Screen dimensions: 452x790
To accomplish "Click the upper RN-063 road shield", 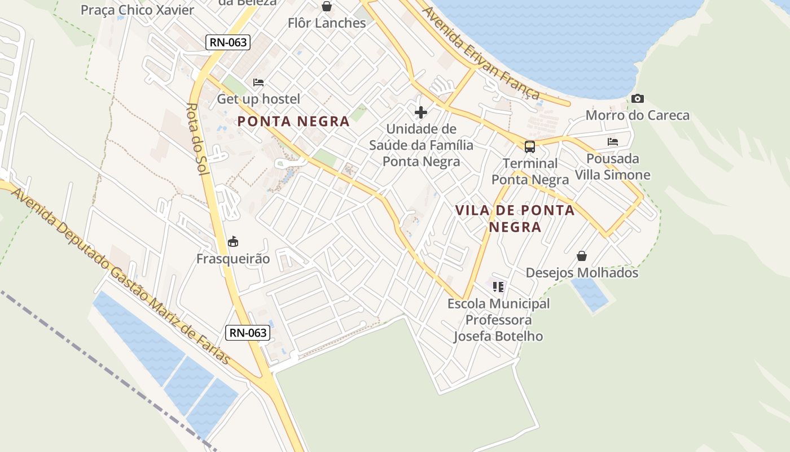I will pos(228,42).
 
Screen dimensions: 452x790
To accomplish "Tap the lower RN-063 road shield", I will pos(248,333).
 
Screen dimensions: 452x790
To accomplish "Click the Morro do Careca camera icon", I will pos(638,99).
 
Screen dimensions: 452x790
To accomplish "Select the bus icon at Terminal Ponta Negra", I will pos(529,147).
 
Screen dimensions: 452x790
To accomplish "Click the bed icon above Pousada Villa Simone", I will pos(613,142).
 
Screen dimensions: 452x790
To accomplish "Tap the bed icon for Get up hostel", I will pos(258,82).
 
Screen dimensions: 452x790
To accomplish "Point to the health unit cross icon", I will pos(421,112).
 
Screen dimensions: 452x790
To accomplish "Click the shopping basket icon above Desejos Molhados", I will pos(582,257).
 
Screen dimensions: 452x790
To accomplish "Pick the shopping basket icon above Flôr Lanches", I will pos(327,7).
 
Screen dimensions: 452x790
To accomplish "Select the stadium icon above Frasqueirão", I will pos(232,242).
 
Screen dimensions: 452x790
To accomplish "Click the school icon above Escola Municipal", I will pos(498,287).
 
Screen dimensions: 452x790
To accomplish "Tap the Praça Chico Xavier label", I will pos(137,10).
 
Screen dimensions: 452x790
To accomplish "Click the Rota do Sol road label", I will pos(196,138).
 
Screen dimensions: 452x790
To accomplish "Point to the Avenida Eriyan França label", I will pos(481,54).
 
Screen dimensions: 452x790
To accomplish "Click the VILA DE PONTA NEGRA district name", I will pos(515,219).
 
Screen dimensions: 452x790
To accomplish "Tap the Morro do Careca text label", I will pos(638,116).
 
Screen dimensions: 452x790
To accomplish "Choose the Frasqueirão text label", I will pos(233,259).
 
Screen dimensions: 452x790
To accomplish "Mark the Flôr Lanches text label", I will pos(327,23).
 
